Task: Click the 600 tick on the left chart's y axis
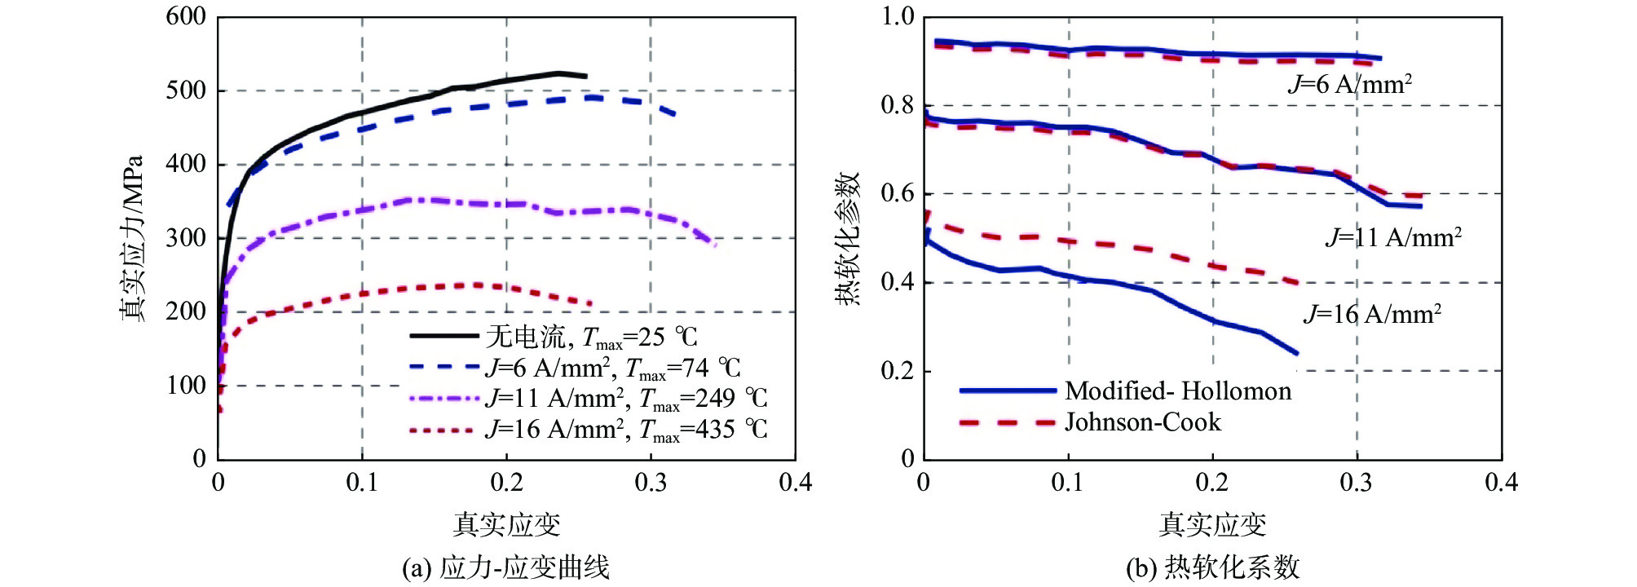pos(186,16)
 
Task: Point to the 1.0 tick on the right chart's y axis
pos(898,16)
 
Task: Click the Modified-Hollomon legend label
pos(1178,391)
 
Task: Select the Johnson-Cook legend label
pos(1143,422)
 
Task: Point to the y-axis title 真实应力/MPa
pos(132,238)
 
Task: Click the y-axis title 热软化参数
pos(848,238)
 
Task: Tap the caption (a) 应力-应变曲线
pos(505,567)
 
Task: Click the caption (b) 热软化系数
pos(1212,567)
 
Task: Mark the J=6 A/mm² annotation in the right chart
pos(1349,84)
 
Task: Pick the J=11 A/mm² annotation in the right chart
pos(1393,237)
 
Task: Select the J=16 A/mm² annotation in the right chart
pos(1372,314)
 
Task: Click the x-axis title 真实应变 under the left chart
pos(506,524)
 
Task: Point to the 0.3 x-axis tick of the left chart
pos(651,483)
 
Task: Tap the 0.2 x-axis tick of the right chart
pos(1212,483)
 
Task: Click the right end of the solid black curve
pos(586,76)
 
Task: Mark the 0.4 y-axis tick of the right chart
pos(898,282)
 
